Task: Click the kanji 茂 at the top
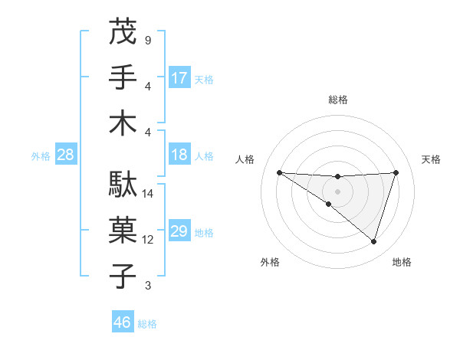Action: (x=123, y=32)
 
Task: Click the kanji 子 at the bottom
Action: (x=123, y=276)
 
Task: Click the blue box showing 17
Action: (x=179, y=77)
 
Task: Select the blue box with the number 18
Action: (x=179, y=155)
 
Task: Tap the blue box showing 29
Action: (x=179, y=231)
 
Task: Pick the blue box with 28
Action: (x=66, y=155)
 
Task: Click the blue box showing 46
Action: (x=123, y=322)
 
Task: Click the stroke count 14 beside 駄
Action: (x=148, y=194)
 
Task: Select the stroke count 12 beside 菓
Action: (x=148, y=240)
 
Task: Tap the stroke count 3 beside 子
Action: (x=148, y=286)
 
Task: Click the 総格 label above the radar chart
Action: (x=337, y=100)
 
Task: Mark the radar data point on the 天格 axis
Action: (x=396, y=172)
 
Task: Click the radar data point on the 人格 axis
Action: (x=279, y=172)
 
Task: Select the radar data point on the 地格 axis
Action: (x=374, y=242)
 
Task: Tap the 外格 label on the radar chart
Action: (x=270, y=262)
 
